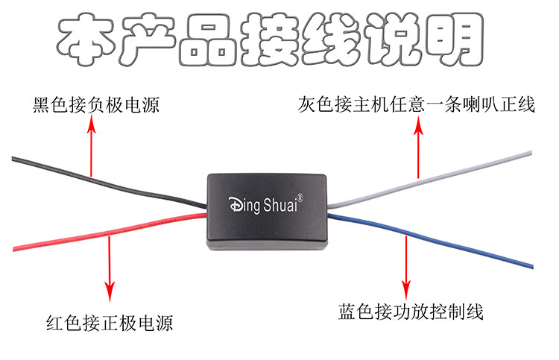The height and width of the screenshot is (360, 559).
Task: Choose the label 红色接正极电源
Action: point(110,323)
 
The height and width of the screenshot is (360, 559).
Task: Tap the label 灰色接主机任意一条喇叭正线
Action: point(416,104)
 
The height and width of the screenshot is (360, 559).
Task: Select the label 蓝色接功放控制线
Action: point(411,312)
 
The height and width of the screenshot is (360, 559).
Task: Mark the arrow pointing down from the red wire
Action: point(110,268)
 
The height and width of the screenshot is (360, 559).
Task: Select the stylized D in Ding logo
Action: point(233,203)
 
